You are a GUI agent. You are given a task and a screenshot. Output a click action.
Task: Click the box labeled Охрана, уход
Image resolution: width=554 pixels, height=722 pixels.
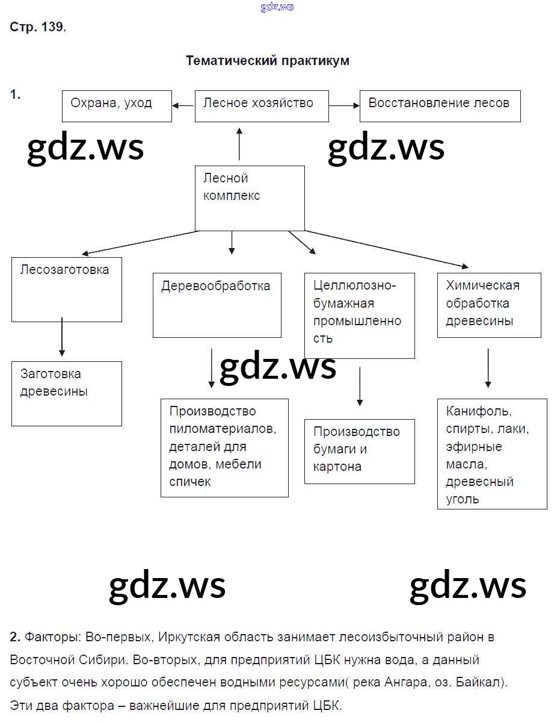(117, 106)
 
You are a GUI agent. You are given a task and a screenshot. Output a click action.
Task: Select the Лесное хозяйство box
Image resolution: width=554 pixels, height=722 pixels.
(262, 106)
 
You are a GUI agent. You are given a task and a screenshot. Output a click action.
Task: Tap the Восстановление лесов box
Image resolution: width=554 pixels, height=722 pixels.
(440, 106)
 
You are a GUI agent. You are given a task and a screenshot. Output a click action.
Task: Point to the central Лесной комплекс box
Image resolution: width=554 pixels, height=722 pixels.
(250, 198)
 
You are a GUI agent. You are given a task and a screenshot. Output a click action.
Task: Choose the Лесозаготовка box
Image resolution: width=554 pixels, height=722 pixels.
(67, 289)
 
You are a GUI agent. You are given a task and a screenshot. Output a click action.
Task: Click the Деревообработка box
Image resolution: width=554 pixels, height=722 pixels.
(217, 305)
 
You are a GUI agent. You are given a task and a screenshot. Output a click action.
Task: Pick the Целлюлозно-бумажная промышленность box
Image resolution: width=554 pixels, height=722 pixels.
(359, 316)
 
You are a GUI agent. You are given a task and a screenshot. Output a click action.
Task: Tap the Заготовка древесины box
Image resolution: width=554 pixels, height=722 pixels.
(67, 393)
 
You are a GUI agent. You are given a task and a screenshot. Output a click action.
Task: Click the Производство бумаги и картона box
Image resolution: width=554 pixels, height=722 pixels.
(359, 451)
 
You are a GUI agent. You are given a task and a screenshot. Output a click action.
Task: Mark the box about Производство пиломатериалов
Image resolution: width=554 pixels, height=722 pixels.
(224, 447)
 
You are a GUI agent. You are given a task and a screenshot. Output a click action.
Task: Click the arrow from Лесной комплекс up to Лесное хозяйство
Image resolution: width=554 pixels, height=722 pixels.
(239, 144)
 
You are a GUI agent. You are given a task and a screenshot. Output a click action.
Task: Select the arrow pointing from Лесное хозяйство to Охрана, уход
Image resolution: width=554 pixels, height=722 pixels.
(183, 105)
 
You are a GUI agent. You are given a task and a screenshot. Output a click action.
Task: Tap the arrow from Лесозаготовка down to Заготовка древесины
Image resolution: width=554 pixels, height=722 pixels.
(61, 338)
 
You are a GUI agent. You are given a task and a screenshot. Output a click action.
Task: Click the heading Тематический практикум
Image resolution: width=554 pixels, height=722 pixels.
(268, 61)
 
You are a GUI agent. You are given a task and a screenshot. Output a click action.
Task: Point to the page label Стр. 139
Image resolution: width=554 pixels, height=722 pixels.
(37, 28)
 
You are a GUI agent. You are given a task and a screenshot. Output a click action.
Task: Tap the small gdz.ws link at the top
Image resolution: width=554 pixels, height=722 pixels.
(277, 7)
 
